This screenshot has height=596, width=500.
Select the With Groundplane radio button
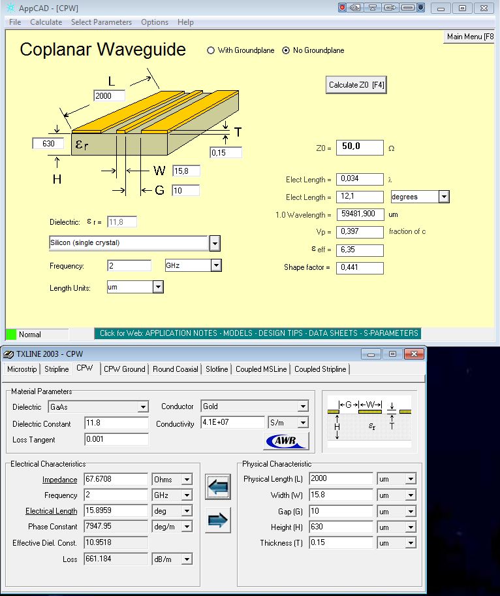[211, 50]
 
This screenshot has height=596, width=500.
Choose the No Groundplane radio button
[286, 50]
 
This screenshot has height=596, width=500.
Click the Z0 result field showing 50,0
[360, 147]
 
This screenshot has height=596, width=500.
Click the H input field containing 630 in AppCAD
[48, 143]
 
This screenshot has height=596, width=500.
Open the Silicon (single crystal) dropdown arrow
[215, 244]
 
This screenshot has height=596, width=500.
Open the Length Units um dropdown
[157, 287]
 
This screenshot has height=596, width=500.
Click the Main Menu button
[470, 37]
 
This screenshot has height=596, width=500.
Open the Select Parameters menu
[101, 22]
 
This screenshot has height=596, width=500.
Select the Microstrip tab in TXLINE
[23, 369]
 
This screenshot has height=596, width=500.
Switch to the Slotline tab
[217, 369]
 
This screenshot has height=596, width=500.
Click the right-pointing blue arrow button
[218, 520]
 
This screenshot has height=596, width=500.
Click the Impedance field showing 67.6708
[116, 480]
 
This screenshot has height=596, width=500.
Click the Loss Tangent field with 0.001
[116, 440]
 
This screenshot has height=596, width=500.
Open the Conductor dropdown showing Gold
[302, 406]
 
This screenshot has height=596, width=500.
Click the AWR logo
[286, 441]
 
